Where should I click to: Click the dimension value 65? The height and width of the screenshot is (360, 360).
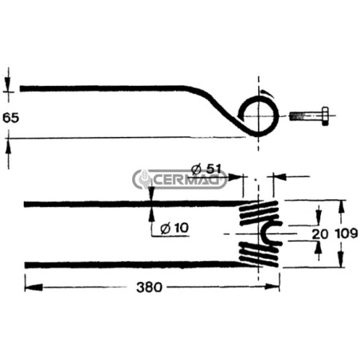(11, 118)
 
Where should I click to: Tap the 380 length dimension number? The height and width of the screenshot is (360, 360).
(149, 287)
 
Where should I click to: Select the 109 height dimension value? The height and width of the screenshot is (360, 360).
(346, 233)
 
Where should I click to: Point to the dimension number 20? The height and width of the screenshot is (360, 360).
(320, 234)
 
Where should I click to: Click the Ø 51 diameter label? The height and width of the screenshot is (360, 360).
(206, 169)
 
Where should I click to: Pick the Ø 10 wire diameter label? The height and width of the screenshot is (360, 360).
(174, 228)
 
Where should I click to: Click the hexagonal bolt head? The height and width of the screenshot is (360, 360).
(325, 116)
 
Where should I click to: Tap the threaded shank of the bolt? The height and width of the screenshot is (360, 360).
(305, 116)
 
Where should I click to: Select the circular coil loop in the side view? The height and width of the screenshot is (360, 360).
(276, 116)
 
